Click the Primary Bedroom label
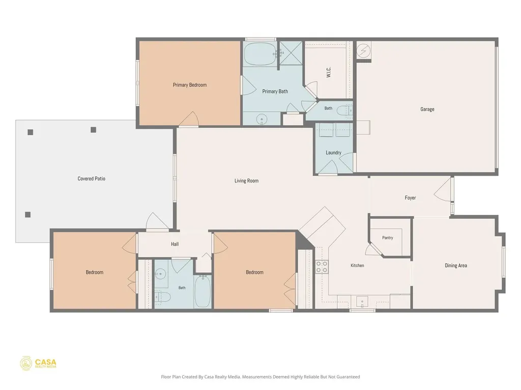[190, 85]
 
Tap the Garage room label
[427, 109]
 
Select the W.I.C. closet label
[329, 72]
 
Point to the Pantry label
[387, 238]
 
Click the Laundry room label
[333, 152]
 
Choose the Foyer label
[411, 198]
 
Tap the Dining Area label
[456, 265]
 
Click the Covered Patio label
[92, 178]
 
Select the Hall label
[175, 244]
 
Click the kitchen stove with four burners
[322, 267]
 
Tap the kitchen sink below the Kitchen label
[362, 302]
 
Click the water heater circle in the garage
[363, 50]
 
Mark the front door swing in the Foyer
[443, 190]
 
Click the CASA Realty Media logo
[38, 364]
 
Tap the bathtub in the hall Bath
[202, 291]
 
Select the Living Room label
[247, 181]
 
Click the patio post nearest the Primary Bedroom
[94, 129]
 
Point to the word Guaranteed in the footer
[349, 377]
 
